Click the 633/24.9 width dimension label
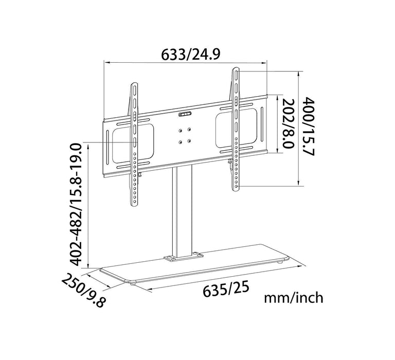(191, 53)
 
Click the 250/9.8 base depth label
(83, 291)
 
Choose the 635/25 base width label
(224, 289)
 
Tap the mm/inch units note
(294, 297)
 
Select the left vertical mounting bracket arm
(134, 144)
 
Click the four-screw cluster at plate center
(185, 135)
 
